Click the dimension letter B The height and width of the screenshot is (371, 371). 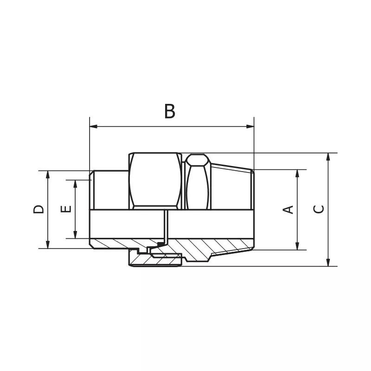(x=170, y=111)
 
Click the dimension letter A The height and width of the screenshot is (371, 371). (x=288, y=209)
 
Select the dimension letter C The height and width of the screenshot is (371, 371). (x=319, y=209)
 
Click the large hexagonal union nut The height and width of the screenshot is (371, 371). (x=155, y=181)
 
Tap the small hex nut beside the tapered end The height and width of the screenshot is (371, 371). (x=198, y=182)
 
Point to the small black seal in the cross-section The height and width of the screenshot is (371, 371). (x=161, y=244)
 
